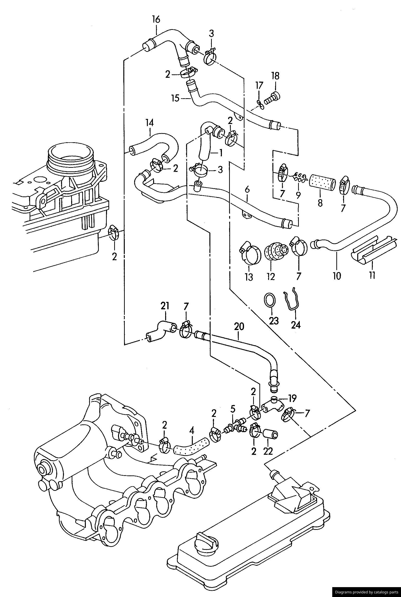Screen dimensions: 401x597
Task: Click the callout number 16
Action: tap(156, 19)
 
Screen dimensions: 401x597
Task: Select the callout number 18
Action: tap(276, 76)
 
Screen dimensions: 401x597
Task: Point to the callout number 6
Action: tap(247, 190)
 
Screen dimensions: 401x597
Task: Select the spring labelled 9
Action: tap(298, 177)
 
